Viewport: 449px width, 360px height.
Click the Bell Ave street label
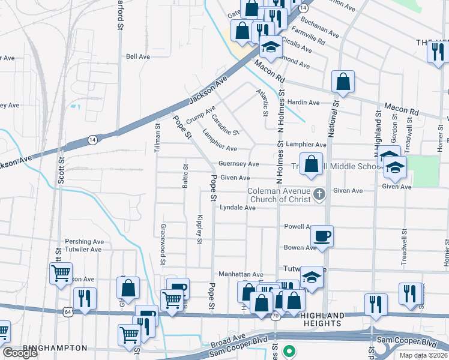(137, 56)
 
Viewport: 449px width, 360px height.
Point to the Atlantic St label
(262, 103)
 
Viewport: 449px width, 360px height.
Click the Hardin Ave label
(303, 103)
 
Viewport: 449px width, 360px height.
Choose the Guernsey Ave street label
(238, 164)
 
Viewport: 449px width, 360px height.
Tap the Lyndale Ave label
(238, 208)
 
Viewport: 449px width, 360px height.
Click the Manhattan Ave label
(240, 274)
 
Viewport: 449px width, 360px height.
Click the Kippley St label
(199, 230)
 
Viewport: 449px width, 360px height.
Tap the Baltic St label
(185, 176)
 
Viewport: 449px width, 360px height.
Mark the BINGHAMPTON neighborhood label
(55, 348)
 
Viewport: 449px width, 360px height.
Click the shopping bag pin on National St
(342, 82)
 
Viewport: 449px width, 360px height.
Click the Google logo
(20, 353)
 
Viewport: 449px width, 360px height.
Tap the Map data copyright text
(422, 355)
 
